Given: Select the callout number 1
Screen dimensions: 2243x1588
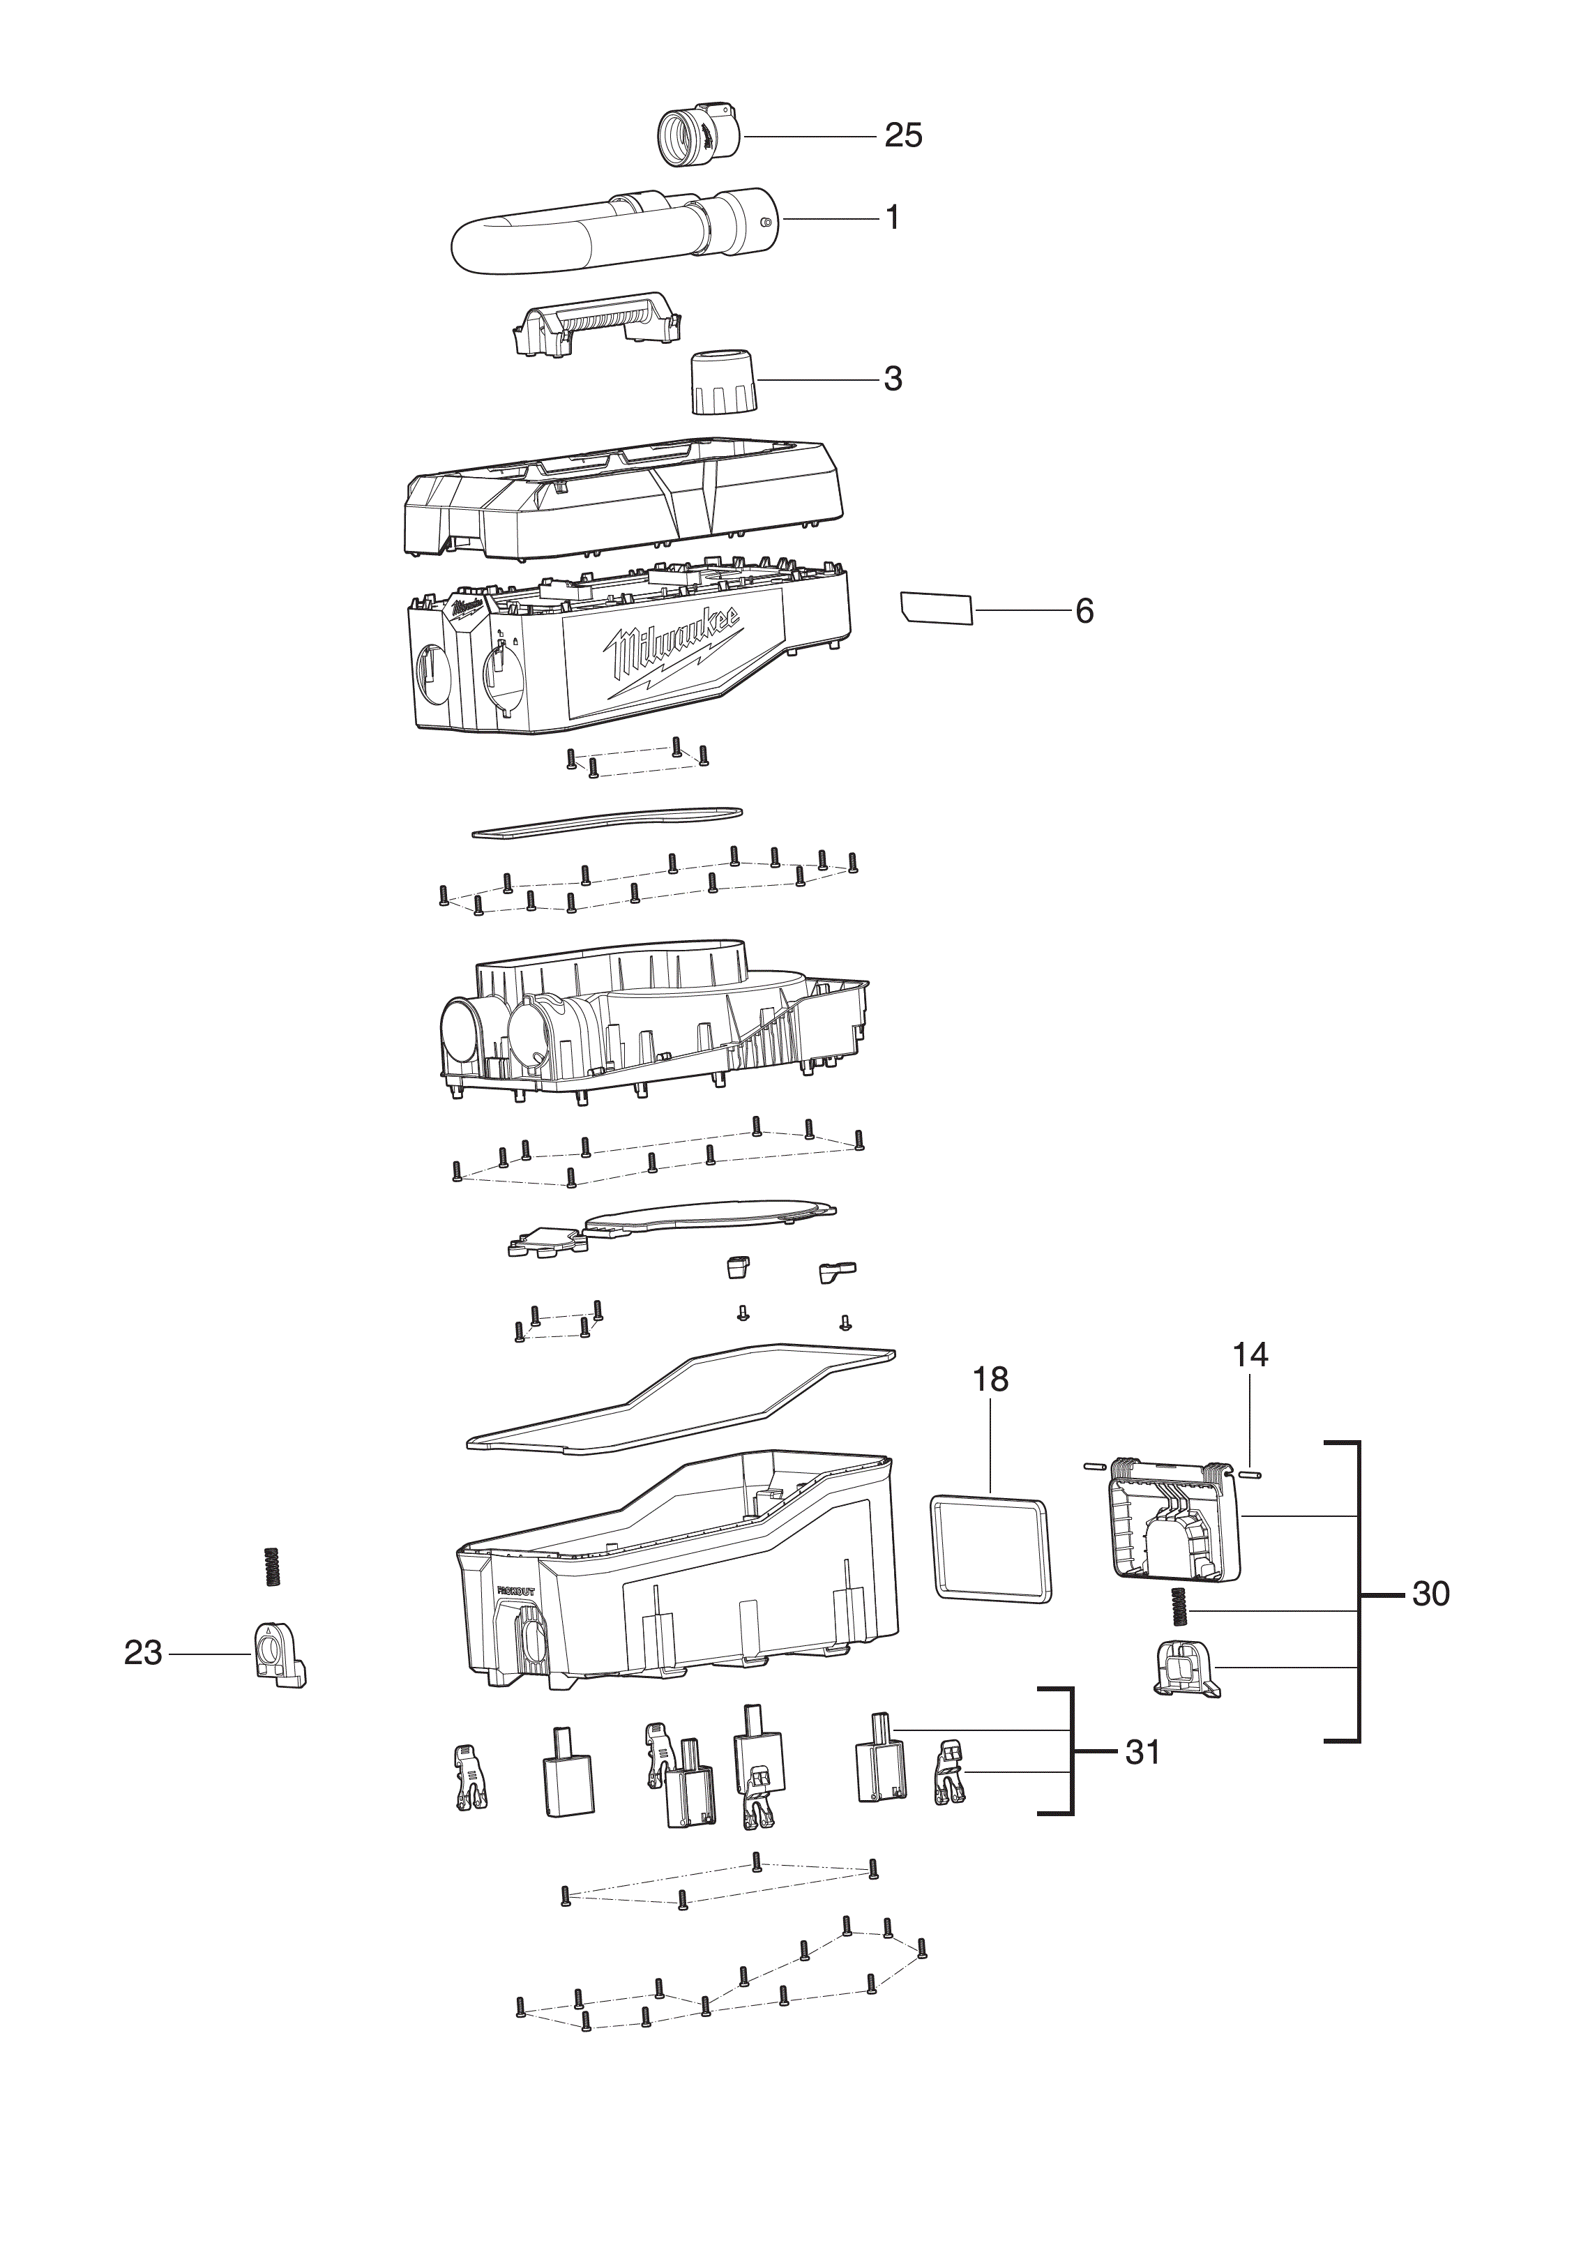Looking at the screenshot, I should tap(892, 217).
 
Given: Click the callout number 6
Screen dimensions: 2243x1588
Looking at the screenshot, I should tap(1084, 611).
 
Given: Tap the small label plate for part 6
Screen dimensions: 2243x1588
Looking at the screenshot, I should tap(936, 607).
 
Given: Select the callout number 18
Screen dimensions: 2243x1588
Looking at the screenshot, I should tap(990, 1380).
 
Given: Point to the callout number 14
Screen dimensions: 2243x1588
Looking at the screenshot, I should tap(1250, 1354).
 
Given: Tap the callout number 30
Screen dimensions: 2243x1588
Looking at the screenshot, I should tap(1430, 1594).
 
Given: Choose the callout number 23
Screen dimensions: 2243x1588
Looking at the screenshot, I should tap(143, 1652).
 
